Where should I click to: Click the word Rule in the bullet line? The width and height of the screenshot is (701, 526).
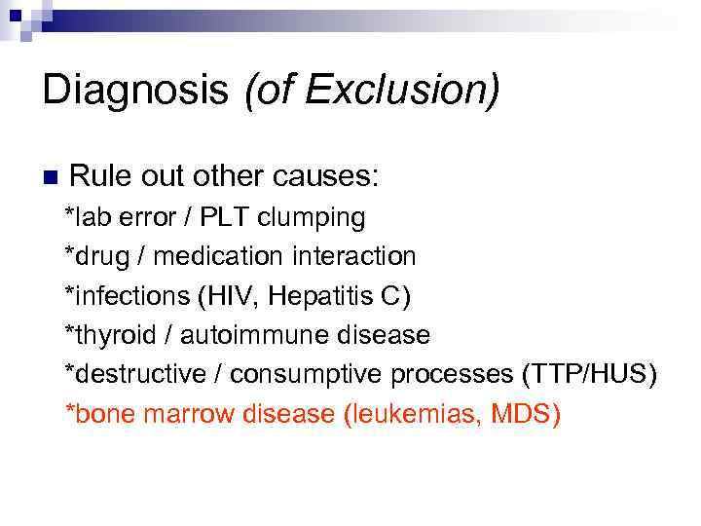[x=101, y=177]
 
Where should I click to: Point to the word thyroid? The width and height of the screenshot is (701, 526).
[x=107, y=336]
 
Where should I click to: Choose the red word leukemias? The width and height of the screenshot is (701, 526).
[x=420, y=415]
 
